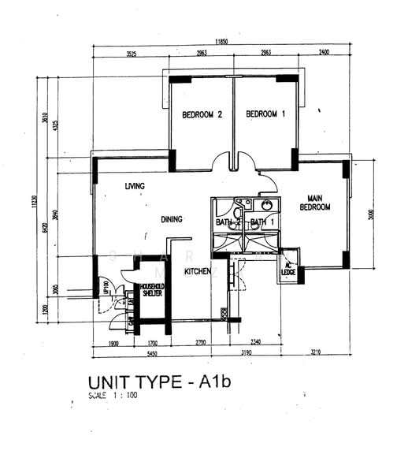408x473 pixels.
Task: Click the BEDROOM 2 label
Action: [x=202, y=114]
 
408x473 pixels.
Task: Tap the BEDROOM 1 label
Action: [x=265, y=114]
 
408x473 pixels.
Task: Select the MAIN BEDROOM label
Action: [x=314, y=202]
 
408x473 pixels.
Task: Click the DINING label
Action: [x=172, y=219]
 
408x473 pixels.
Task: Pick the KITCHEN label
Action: [x=197, y=271]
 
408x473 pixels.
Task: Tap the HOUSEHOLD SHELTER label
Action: [x=151, y=289]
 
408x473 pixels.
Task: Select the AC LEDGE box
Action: [x=288, y=269]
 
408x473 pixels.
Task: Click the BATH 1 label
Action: [x=261, y=222]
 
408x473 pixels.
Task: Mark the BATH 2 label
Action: [x=227, y=222]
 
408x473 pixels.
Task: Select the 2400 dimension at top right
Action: [x=325, y=54]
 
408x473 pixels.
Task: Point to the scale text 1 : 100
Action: [x=113, y=396]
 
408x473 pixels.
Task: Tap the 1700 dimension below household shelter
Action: [x=153, y=343]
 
